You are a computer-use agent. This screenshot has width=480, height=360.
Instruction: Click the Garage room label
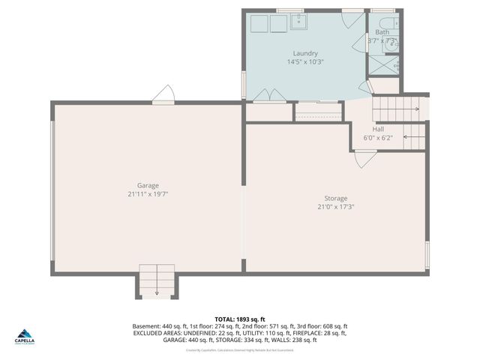[x=147, y=185]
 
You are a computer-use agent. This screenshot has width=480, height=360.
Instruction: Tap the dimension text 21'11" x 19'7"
[x=147, y=193]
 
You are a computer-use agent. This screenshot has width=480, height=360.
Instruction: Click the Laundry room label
[x=305, y=53]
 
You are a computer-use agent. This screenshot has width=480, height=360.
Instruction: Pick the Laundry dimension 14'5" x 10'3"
[x=305, y=61]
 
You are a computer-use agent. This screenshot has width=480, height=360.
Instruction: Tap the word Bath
[x=382, y=32]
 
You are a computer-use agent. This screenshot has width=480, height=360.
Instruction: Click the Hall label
[x=378, y=129]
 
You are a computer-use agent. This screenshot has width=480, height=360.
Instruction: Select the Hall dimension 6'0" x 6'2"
[x=378, y=137]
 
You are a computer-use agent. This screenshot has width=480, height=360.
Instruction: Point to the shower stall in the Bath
[x=383, y=66]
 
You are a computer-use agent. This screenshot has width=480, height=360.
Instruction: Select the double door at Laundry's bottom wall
[x=268, y=95]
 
